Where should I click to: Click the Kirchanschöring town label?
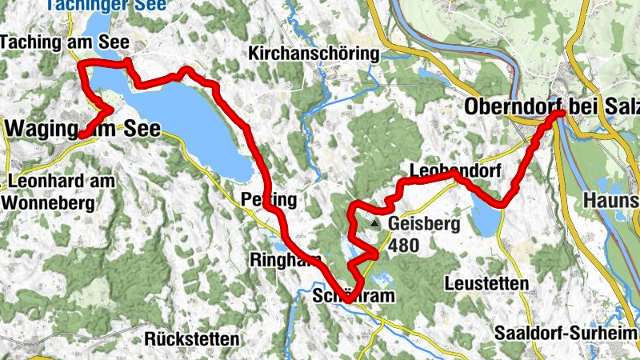pos(314,54)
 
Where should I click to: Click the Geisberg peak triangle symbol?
pos(375,225)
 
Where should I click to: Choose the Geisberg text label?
pos(424,225)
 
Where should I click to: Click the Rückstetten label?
pos(193,339)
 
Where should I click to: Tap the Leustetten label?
pos(487,284)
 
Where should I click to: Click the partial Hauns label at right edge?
pos(612,199)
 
